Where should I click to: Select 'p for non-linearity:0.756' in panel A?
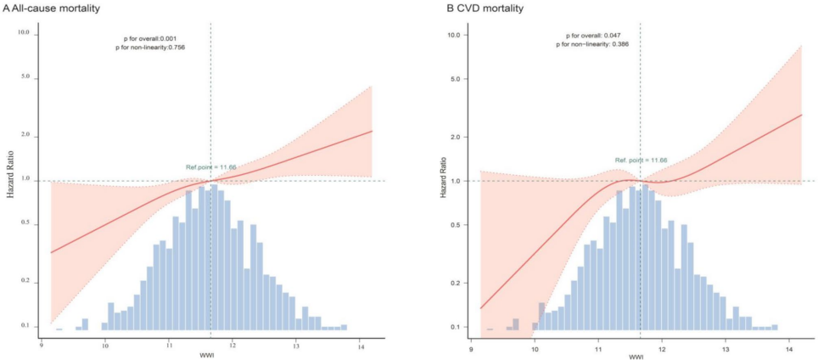point(150,48)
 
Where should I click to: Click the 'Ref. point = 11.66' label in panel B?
point(641,160)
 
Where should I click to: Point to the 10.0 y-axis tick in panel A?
point(24,32)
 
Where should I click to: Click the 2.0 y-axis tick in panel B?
point(454,137)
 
